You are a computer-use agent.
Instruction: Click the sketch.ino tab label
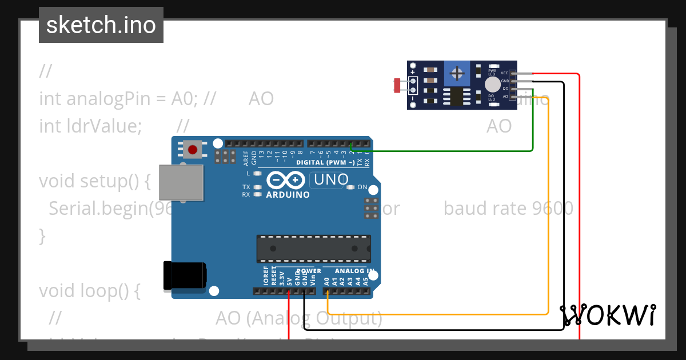[x=101, y=25]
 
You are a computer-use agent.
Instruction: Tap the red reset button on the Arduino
[x=193, y=150]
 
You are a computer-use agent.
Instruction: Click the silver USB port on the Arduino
[x=181, y=183]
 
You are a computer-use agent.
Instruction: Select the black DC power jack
[x=184, y=276]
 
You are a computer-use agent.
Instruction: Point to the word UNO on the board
[x=331, y=180]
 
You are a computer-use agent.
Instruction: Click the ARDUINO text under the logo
[x=288, y=194]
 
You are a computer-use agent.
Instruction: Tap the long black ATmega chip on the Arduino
[x=313, y=248]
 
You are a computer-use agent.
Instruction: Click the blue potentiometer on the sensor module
[x=457, y=73]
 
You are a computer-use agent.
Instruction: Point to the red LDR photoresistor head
[x=397, y=86]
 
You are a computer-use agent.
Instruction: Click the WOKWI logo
[x=608, y=315]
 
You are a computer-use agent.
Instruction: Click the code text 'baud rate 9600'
[x=508, y=208]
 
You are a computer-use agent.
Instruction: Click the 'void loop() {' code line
[x=90, y=291]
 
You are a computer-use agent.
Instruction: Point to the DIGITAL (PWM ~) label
[x=324, y=162]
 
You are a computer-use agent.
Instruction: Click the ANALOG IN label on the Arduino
[x=354, y=271]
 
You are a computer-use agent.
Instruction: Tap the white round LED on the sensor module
[x=492, y=85]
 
